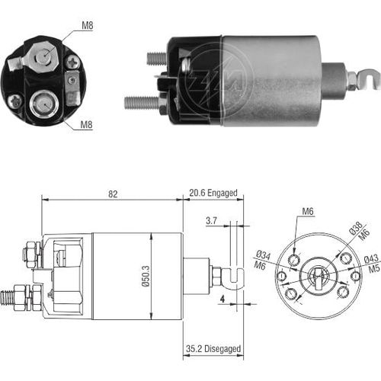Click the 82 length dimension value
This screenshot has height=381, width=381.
point(112,194)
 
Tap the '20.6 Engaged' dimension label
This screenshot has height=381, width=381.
point(212,194)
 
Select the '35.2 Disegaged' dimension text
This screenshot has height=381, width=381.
point(212,349)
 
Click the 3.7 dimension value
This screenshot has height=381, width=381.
point(212,222)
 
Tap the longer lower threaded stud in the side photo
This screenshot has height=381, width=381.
point(140,102)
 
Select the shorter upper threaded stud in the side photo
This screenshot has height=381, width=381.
point(155,58)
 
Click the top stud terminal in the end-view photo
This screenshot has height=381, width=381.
point(45,55)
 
